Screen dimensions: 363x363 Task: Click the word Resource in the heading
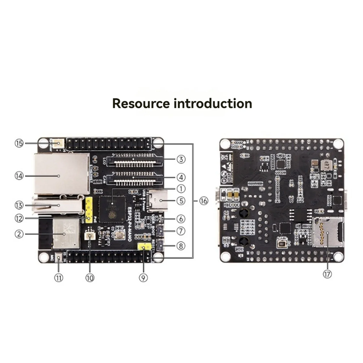click(x=141, y=103)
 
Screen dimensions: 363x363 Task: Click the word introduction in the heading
click(x=213, y=103)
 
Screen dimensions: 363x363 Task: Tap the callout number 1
click(x=181, y=189)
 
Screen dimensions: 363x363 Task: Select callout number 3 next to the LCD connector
click(x=181, y=159)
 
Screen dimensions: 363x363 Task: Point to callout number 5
click(x=181, y=201)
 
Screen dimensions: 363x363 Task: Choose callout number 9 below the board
click(x=143, y=277)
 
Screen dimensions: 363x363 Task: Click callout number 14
click(x=19, y=175)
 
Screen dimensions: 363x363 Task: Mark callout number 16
click(x=204, y=201)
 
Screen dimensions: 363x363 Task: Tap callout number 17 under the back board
click(x=327, y=274)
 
